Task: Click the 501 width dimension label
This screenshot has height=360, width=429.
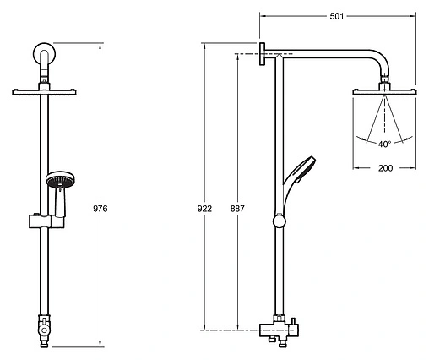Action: point(337,16)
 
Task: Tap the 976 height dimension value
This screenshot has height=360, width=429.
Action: point(100,209)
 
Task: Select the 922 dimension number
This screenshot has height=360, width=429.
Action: point(204,209)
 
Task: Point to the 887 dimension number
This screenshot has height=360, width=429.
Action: point(237,209)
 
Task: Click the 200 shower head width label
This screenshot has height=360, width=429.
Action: point(385,168)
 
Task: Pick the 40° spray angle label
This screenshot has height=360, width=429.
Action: point(384,145)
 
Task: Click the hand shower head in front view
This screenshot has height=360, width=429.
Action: point(60,180)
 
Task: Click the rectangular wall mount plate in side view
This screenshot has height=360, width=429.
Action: point(262,54)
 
